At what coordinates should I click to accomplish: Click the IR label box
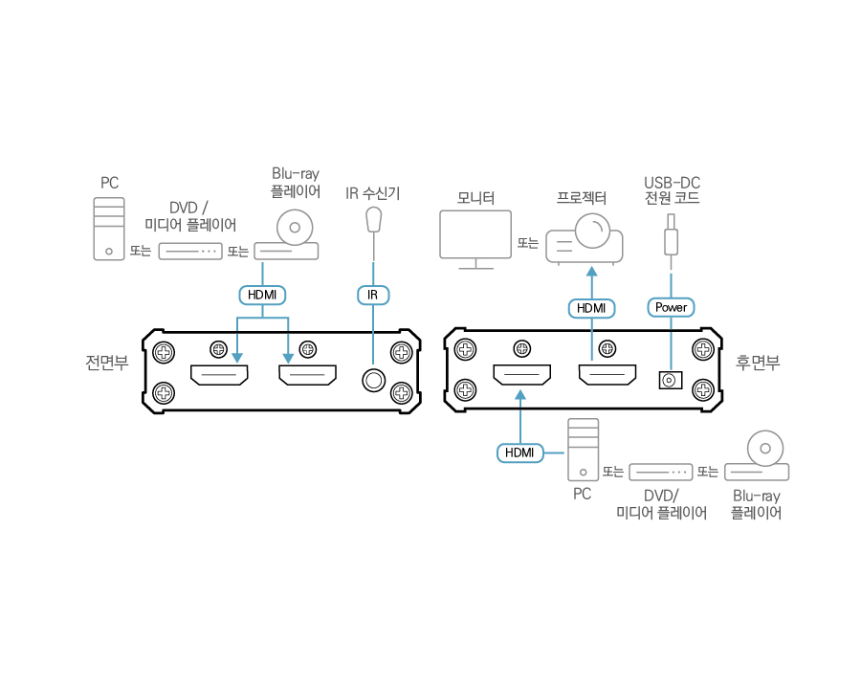(373, 295)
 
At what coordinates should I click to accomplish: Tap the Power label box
(671, 307)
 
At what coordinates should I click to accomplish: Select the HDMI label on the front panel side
(262, 295)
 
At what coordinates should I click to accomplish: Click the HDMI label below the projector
(591, 308)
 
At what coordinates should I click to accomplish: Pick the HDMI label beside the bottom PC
(519, 452)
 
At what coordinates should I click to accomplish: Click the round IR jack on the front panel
(373, 380)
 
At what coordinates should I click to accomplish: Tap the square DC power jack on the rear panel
(670, 380)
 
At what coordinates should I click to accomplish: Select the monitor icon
(475, 238)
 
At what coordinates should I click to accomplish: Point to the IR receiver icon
(374, 221)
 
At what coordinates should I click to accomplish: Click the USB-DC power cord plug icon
(671, 233)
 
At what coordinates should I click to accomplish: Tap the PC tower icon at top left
(108, 229)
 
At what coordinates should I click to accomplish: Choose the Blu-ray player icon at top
(294, 236)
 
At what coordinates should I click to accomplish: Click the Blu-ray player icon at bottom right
(758, 458)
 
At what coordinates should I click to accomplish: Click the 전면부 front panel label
(107, 363)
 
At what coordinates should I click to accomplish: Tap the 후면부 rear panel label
(758, 363)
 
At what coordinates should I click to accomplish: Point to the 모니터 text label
(475, 199)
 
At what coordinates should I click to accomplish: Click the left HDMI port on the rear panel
(521, 375)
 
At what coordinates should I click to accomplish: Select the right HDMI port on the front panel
(308, 375)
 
